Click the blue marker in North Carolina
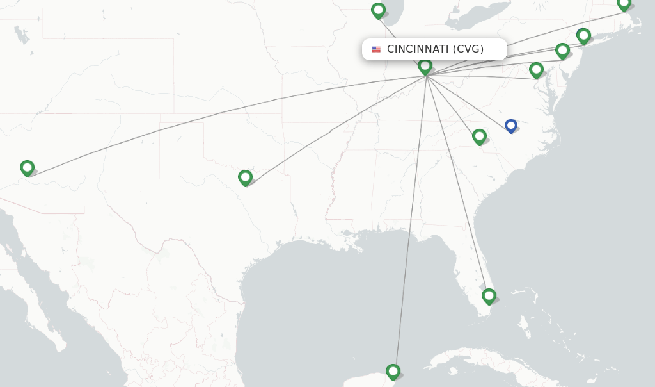click(x=510, y=126)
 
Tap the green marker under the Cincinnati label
click(x=425, y=66)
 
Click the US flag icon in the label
click(x=376, y=49)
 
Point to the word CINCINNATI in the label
click(x=418, y=49)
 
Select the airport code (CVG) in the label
click(x=468, y=49)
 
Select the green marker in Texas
click(x=245, y=177)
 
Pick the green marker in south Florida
click(x=489, y=296)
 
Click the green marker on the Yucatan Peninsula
click(x=393, y=372)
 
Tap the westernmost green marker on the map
click(x=27, y=168)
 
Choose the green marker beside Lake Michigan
click(x=378, y=10)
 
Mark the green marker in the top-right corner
click(x=624, y=4)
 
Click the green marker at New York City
click(x=583, y=36)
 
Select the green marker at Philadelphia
click(x=562, y=51)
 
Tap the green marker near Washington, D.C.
click(x=536, y=70)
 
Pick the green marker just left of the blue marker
click(x=479, y=136)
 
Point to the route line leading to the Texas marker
click(x=339, y=128)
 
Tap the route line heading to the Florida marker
click(x=457, y=186)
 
